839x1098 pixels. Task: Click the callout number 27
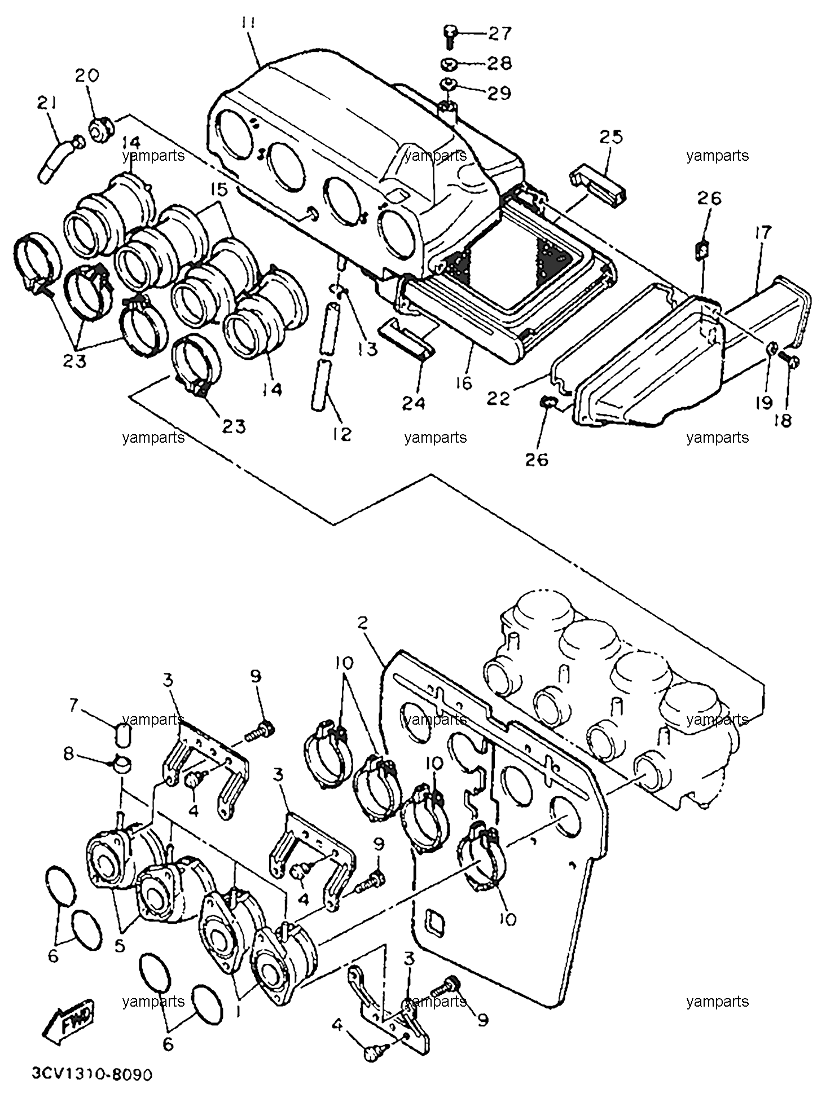point(499,33)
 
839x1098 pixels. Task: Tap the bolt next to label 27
point(450,34)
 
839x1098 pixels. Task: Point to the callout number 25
point(611,137)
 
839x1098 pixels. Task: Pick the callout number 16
point(463,383)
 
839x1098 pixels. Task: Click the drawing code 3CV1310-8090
point(91,1075)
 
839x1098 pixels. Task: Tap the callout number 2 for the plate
point(363,623)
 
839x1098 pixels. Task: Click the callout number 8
point(69,753)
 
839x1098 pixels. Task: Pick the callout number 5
point(120,945)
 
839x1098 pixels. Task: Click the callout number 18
point(783,420)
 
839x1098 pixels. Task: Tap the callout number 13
point(367,349)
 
